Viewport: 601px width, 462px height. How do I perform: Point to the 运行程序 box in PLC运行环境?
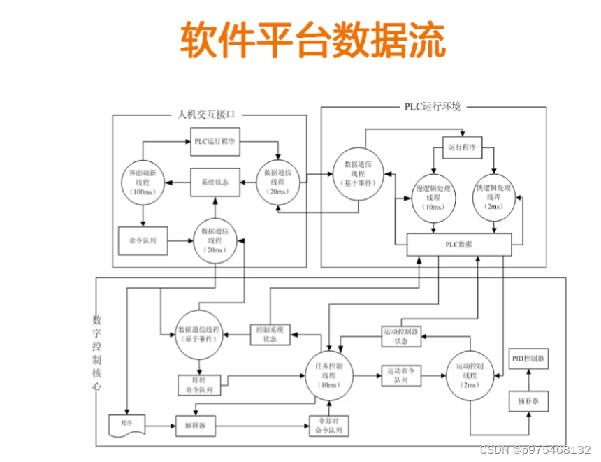(463, 147)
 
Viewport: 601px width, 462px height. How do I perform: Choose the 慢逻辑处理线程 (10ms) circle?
(433, 198)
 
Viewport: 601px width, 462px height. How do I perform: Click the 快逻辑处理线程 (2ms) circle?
(494, 198)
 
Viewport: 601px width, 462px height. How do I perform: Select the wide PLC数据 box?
(459, 245)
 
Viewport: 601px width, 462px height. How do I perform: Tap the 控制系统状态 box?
(270, 334)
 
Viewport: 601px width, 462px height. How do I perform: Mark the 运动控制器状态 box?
(401, 336)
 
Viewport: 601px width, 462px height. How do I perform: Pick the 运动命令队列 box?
(401, 375)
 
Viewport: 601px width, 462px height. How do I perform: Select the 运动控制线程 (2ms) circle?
(470, 375)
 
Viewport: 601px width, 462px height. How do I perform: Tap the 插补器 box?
(527, 403)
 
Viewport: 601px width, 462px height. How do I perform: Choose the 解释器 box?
(194, 424)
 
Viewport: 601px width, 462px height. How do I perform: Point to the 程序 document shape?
(126, 424)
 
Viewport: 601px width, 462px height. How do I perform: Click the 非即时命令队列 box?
(329, 425)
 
